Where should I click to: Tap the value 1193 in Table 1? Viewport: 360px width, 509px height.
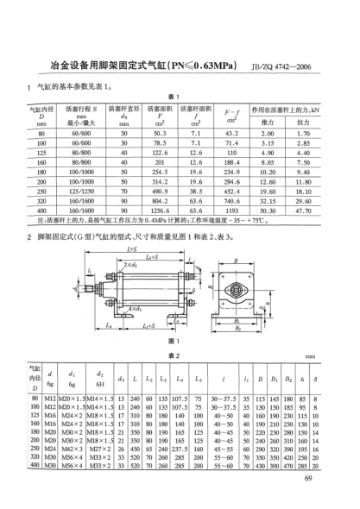pyautogui.click(x=231, y=210)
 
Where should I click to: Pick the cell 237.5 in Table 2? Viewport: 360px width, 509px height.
pyautogui.click(x=181, y=448)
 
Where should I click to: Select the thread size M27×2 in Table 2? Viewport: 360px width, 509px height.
pyautogui.click(x=103, y=448)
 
